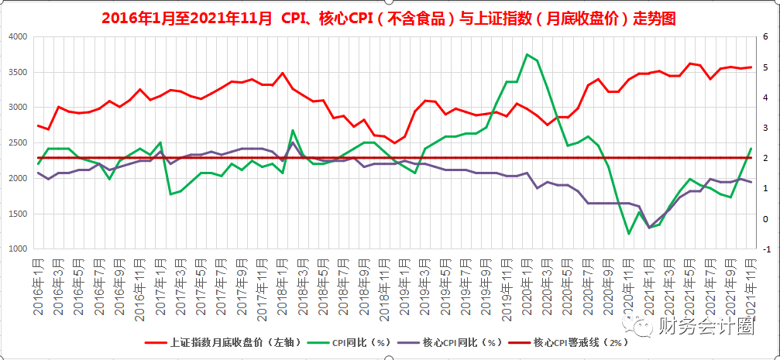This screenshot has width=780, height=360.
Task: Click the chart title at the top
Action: pyautogui.click(x=389, y=17)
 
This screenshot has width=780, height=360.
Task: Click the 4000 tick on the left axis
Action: pyautogui.click(x=17, y=37)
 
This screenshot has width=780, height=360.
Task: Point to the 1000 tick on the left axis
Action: pyautogui.click(x=17, y=249)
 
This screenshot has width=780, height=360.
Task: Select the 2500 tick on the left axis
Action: pyautogui.click(x=17, y=143)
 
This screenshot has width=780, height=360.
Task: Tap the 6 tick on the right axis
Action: pyautogui.click(x=765, y=37)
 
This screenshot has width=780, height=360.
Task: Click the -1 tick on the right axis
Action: pyautogui.click(x=765, y=249)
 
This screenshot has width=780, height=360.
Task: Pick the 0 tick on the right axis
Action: pyautogui.click(x=765, y=218)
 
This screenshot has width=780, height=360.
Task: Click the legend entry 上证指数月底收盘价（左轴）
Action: pyautogui.click(x=220, y=341)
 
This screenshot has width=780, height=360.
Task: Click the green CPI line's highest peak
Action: pyautogui.click(x=527, y=54)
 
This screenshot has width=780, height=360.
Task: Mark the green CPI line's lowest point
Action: pyautogui.click(x=629, y=234)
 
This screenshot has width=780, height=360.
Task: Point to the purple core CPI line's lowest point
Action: pyautogui.click(x=649, y=228)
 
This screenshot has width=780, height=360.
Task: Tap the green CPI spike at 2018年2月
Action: pyautogui.click(x=293, y=130)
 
